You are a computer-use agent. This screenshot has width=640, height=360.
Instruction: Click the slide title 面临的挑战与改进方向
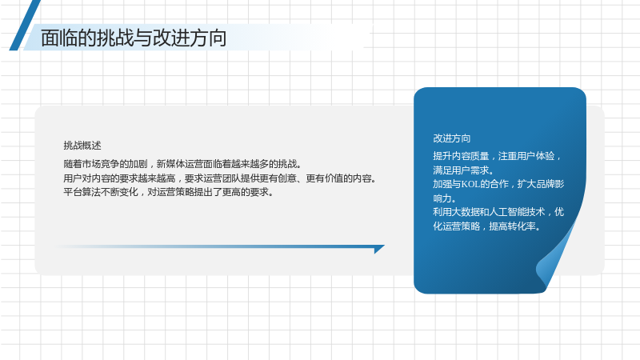tap(134, 38)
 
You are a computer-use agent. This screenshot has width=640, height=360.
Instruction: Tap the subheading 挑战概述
tap(82, 146)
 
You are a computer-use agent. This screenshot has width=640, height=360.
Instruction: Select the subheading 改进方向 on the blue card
tap(451, 138)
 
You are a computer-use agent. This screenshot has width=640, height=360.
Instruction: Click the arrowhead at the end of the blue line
tap(379, 249)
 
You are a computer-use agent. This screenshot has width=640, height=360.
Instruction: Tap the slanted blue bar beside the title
tap(25, 25)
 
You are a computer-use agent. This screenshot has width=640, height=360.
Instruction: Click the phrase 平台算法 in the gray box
tap(82, 192)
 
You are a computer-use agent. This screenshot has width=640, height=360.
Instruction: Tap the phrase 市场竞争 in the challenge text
tap(101, 164)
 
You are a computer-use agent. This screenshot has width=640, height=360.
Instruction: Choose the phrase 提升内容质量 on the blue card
tap(461, 156)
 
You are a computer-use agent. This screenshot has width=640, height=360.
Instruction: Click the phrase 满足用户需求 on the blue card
tap(461, 170)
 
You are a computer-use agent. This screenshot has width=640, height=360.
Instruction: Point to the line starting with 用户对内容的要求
tap(220, 178)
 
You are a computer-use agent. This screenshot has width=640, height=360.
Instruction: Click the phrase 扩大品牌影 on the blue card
tap(541, 184)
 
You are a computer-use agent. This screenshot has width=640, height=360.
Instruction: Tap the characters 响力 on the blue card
tap(442, 198)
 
